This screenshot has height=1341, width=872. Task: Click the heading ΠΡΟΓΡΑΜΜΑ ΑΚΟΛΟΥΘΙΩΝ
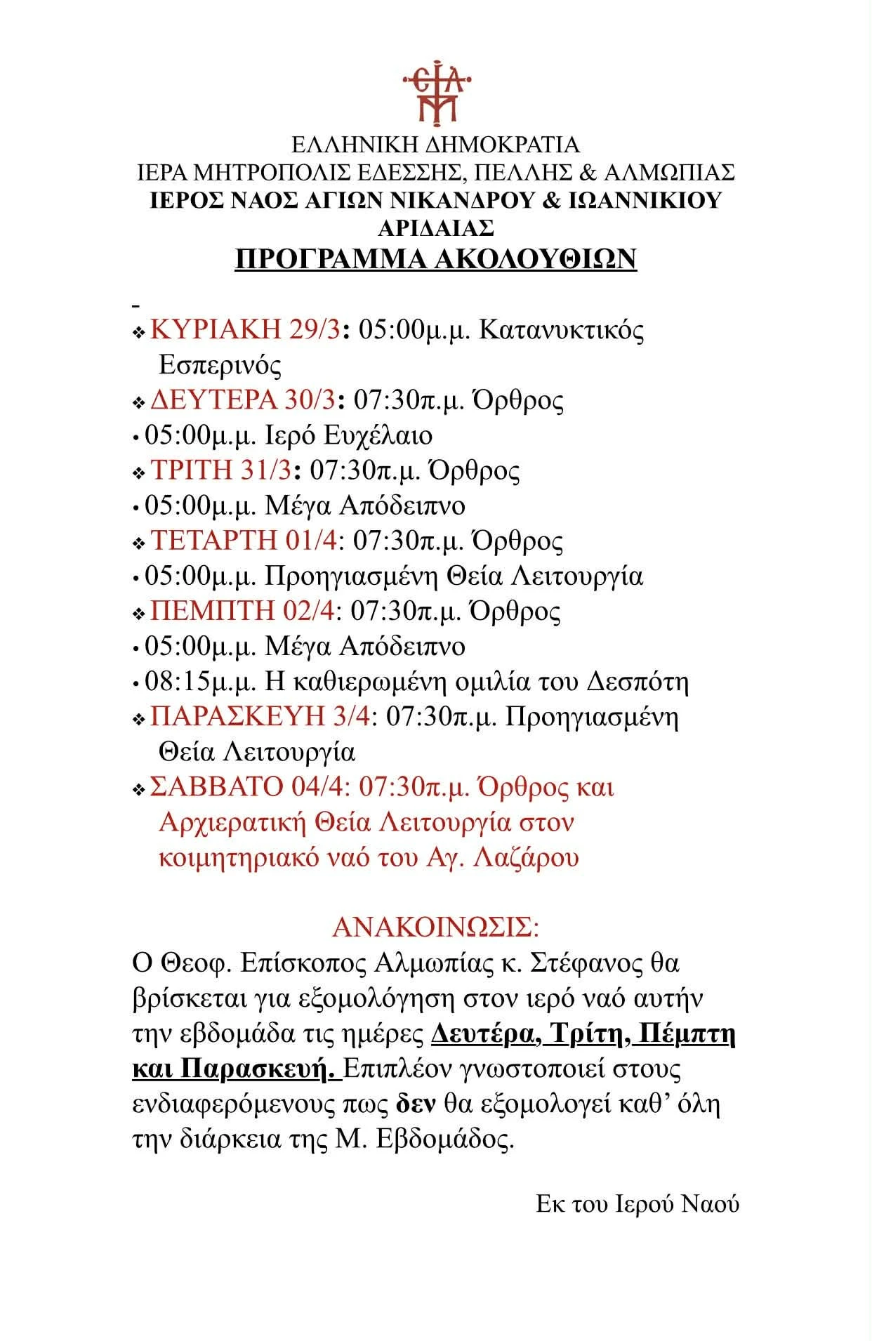coord(435,259)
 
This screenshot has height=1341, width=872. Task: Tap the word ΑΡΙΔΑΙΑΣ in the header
coord(436,228)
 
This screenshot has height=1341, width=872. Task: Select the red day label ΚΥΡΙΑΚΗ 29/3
coord(245,329)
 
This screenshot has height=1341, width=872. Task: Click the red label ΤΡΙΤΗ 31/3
coord(220,470)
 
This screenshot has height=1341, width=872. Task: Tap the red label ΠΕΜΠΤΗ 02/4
coord(242,611)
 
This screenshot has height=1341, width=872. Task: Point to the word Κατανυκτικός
coord(561,329)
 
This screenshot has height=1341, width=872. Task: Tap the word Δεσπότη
coord(637,682)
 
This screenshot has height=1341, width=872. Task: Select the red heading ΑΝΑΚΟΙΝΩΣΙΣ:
coord(435,927)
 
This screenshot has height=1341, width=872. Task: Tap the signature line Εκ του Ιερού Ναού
coord(638,1205)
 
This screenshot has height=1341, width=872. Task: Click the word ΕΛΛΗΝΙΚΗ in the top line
coord(354,145)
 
